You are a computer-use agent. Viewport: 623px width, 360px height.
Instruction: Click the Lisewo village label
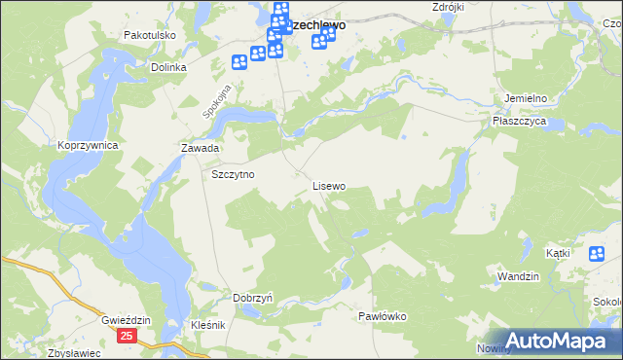(x=328, y=185)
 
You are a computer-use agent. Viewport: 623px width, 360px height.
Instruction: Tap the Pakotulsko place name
(x=148, y=35)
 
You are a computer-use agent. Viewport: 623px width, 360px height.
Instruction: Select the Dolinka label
(x=168, y=68)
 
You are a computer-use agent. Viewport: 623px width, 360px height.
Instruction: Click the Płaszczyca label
(x=520, y=121)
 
